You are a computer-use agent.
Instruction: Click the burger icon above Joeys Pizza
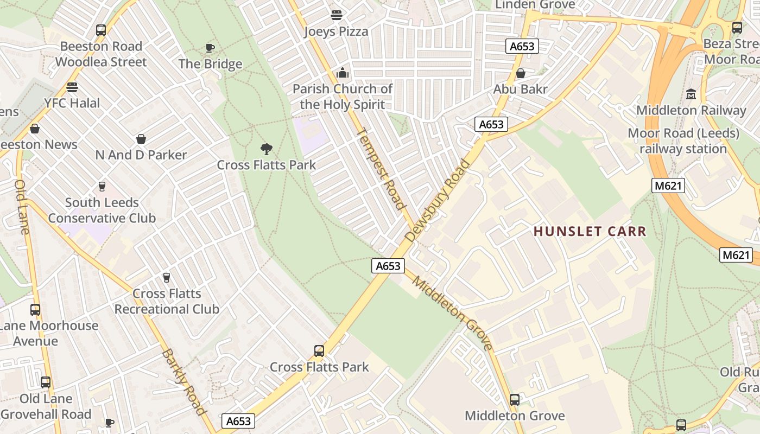click(x=337, y=15)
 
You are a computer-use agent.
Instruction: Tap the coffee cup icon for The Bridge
click(x=210, y=48)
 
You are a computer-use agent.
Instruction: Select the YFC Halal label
click(x=72, y=103)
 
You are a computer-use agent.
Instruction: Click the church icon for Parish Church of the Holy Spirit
click(x=343, y=73)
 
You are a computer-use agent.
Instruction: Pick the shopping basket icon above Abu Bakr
click(x=521, y=73)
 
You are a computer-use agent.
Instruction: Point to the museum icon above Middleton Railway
click(x=691, y=94)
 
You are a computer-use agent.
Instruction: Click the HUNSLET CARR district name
click(x=590, y=232)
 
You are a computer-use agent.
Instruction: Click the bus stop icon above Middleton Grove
click(x=515, y=400)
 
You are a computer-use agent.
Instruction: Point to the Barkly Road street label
click(x=184, y=382)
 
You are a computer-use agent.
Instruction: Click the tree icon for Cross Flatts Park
click(x=266, y=149)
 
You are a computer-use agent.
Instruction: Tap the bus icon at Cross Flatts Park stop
click(x=319, y=351)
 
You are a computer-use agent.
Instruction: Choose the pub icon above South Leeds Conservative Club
click(x=102, y=187)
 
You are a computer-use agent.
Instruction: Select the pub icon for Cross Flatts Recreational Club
click(x=167, y=278)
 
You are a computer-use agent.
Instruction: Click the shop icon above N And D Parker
click(x=141, y=139)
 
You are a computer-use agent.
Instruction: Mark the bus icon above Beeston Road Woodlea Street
click(x=101, y=30)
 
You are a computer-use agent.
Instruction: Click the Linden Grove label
click(x=535, y=5)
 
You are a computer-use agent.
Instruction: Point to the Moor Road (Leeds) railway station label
click(x=683, y=141)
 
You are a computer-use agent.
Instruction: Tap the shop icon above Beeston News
click(x=35, y=129)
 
